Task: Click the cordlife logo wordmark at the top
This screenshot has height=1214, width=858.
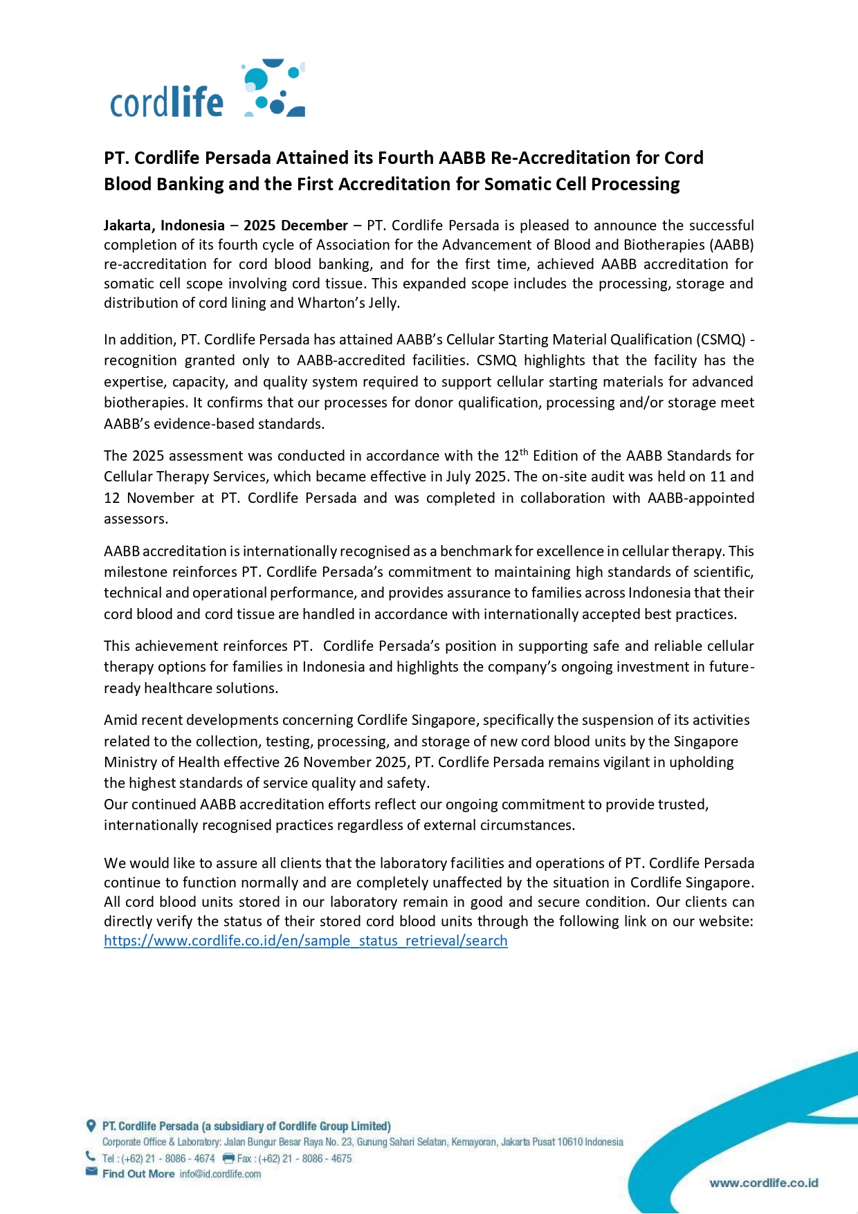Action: tap(167, 102)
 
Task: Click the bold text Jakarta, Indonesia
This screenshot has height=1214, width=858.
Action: tap(164, 226)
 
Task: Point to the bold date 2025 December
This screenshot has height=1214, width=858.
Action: tap(295, 226)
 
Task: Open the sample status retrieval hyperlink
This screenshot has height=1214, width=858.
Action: tap(305, 941)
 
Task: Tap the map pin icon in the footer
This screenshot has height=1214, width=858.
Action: tap(91, 1125)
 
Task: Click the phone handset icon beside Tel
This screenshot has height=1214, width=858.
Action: tap(91, 1156)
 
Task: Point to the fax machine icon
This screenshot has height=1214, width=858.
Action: tap(228, 1158)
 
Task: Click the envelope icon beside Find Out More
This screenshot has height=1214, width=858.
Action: tap(91, 1172)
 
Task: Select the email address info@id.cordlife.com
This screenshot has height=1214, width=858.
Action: tap(220, 1174)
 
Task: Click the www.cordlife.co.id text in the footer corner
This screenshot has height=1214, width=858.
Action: tap(764, 1183)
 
